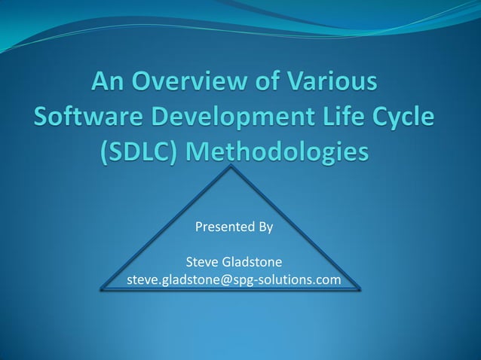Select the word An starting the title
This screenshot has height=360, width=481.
coord(111,81)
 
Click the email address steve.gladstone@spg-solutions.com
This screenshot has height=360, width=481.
coord(234,280)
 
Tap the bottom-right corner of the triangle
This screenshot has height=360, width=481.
coord(360,288)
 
